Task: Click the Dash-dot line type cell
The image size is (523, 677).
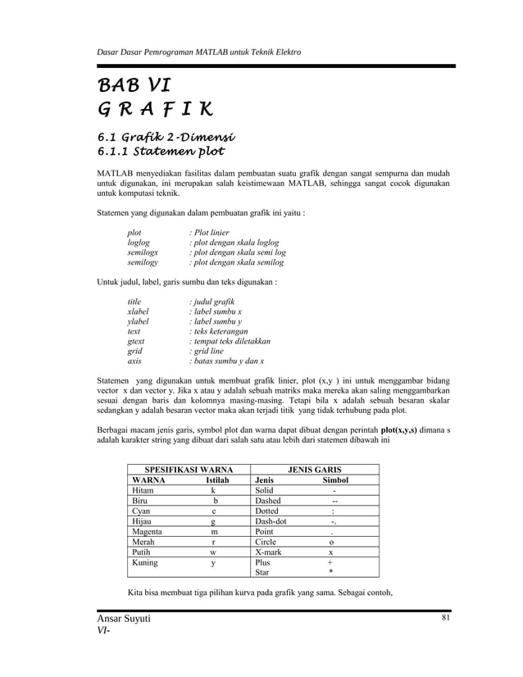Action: pos(271,521)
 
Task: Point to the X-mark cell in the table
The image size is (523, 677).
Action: pos(269,553)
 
